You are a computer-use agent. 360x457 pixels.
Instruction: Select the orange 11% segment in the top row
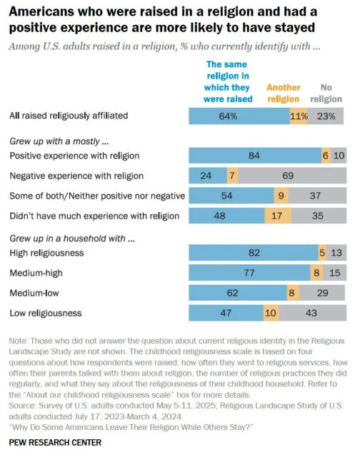[299, 116]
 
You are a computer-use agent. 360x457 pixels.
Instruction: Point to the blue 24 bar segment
[207, 175]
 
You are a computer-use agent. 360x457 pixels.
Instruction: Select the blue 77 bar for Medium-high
[249, 272]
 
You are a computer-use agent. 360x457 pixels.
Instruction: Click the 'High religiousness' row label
[46, 253]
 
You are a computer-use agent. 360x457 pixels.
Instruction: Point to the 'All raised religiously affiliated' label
[69, 116]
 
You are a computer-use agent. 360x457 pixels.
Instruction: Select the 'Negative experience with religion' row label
[77, 175]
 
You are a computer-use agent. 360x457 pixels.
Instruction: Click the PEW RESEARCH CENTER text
[55, 443]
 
